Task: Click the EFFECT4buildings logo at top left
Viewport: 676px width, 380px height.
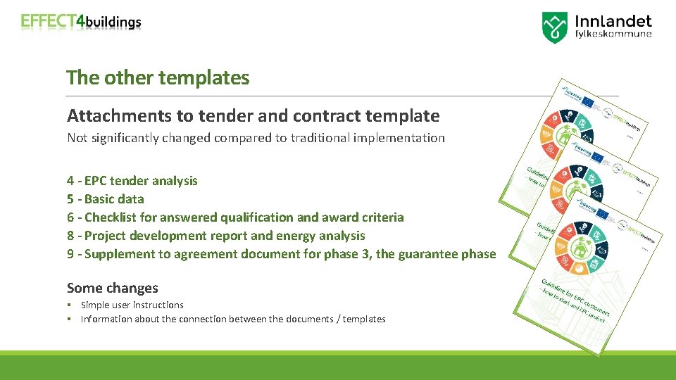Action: pos(81,22)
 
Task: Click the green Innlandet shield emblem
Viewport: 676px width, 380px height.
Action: pos(555,27)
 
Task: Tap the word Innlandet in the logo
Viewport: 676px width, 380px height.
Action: pos(613,22)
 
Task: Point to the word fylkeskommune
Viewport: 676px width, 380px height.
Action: pos(613,34)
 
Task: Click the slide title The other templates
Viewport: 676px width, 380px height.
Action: pos(158,77)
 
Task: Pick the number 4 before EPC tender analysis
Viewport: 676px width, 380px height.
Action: pos(70,181)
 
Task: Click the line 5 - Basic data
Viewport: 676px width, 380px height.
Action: pos(105,199)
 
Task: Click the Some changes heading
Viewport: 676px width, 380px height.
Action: pos(112,288)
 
